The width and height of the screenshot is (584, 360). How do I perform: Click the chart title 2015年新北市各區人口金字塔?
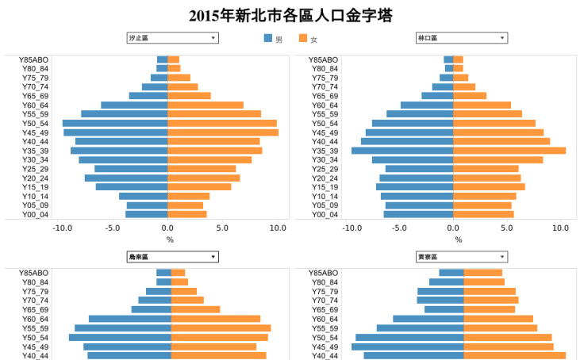(291, 15)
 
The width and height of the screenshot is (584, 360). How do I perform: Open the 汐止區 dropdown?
(171, 38)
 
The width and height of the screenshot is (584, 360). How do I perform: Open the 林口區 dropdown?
(461, 38)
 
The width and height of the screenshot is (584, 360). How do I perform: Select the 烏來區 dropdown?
(171, 257)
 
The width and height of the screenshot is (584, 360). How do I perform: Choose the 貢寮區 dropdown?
(461, 257)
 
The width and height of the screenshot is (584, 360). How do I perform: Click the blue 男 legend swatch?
(268, 39)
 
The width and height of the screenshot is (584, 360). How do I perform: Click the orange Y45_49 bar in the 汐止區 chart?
(223, 132)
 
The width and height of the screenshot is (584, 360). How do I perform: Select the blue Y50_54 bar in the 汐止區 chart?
(115, 123)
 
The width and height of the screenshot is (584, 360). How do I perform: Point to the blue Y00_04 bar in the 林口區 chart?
(418, 214)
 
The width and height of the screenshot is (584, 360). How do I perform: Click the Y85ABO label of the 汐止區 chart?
(34, 59)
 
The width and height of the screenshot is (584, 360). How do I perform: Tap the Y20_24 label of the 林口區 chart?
(324, 178)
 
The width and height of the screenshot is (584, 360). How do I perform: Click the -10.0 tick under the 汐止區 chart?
(62, 228)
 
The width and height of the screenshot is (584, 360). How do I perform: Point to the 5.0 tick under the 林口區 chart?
(507, 228)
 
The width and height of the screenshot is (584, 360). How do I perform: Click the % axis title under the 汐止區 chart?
(170, 239)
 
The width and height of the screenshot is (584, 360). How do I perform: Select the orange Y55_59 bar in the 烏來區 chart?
(221, 328)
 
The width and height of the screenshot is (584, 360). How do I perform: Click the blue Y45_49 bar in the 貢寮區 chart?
(407, 347)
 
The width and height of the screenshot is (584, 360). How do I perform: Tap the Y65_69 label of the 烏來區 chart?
(35, 309)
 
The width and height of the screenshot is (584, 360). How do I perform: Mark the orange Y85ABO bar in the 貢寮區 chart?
(482, 273)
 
